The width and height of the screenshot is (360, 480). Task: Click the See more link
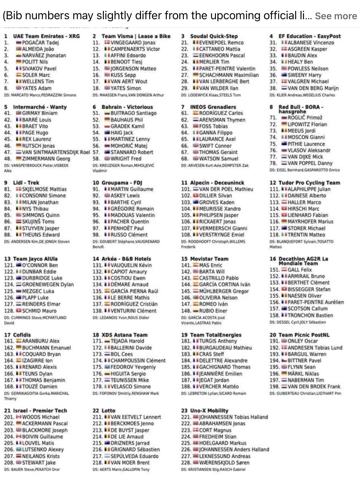coord(336,16)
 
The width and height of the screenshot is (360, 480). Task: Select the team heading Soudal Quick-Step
coord(214,36)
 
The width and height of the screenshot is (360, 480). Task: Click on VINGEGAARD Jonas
coord(133,43)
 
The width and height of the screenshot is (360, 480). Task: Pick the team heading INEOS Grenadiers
coord(213,107)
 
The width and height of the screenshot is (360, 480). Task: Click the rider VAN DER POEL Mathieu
coord(226,189)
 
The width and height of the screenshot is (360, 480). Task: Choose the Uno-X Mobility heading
coord(209,410)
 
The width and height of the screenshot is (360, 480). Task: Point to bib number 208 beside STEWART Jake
coord(9,463)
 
